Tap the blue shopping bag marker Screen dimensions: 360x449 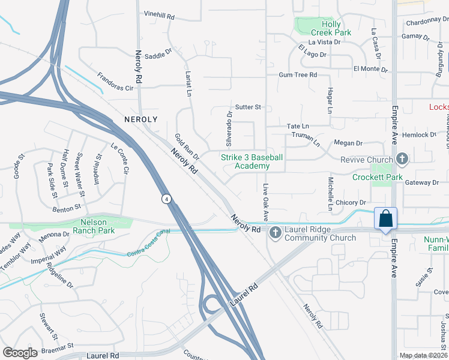385,218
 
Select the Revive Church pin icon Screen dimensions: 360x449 402,159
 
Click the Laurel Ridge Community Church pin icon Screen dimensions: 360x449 276,232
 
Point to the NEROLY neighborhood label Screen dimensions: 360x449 140,119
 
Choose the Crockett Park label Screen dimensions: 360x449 386,177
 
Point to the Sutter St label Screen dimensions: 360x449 249,107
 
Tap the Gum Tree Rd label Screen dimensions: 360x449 297,75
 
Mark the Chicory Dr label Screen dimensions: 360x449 351,203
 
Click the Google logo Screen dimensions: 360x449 20,353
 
